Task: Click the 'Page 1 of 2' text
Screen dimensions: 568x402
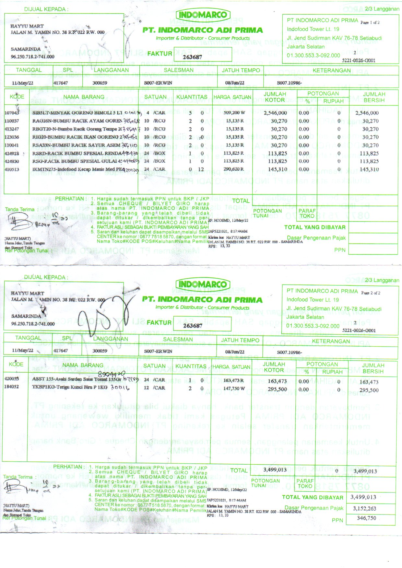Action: (370, 23)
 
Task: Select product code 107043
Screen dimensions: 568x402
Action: (12, 113)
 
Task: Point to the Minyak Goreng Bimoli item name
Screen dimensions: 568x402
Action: (77, 113)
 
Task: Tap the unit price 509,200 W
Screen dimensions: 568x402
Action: (234, 113)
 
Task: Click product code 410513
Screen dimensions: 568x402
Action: (12, 169)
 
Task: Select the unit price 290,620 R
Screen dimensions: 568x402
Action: (234, 169)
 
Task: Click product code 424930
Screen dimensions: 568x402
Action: (12, 161)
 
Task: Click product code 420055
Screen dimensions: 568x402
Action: (12, 378)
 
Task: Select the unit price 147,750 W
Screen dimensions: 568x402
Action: (234, 388)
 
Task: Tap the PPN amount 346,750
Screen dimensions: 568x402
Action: (366, 518)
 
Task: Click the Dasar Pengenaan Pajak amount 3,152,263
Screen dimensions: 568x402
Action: (364, 508)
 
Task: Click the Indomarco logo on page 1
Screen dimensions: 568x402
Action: (203, 15)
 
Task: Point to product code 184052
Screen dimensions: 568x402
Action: (12, 387)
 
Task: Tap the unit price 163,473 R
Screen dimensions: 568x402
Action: (234, 380)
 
